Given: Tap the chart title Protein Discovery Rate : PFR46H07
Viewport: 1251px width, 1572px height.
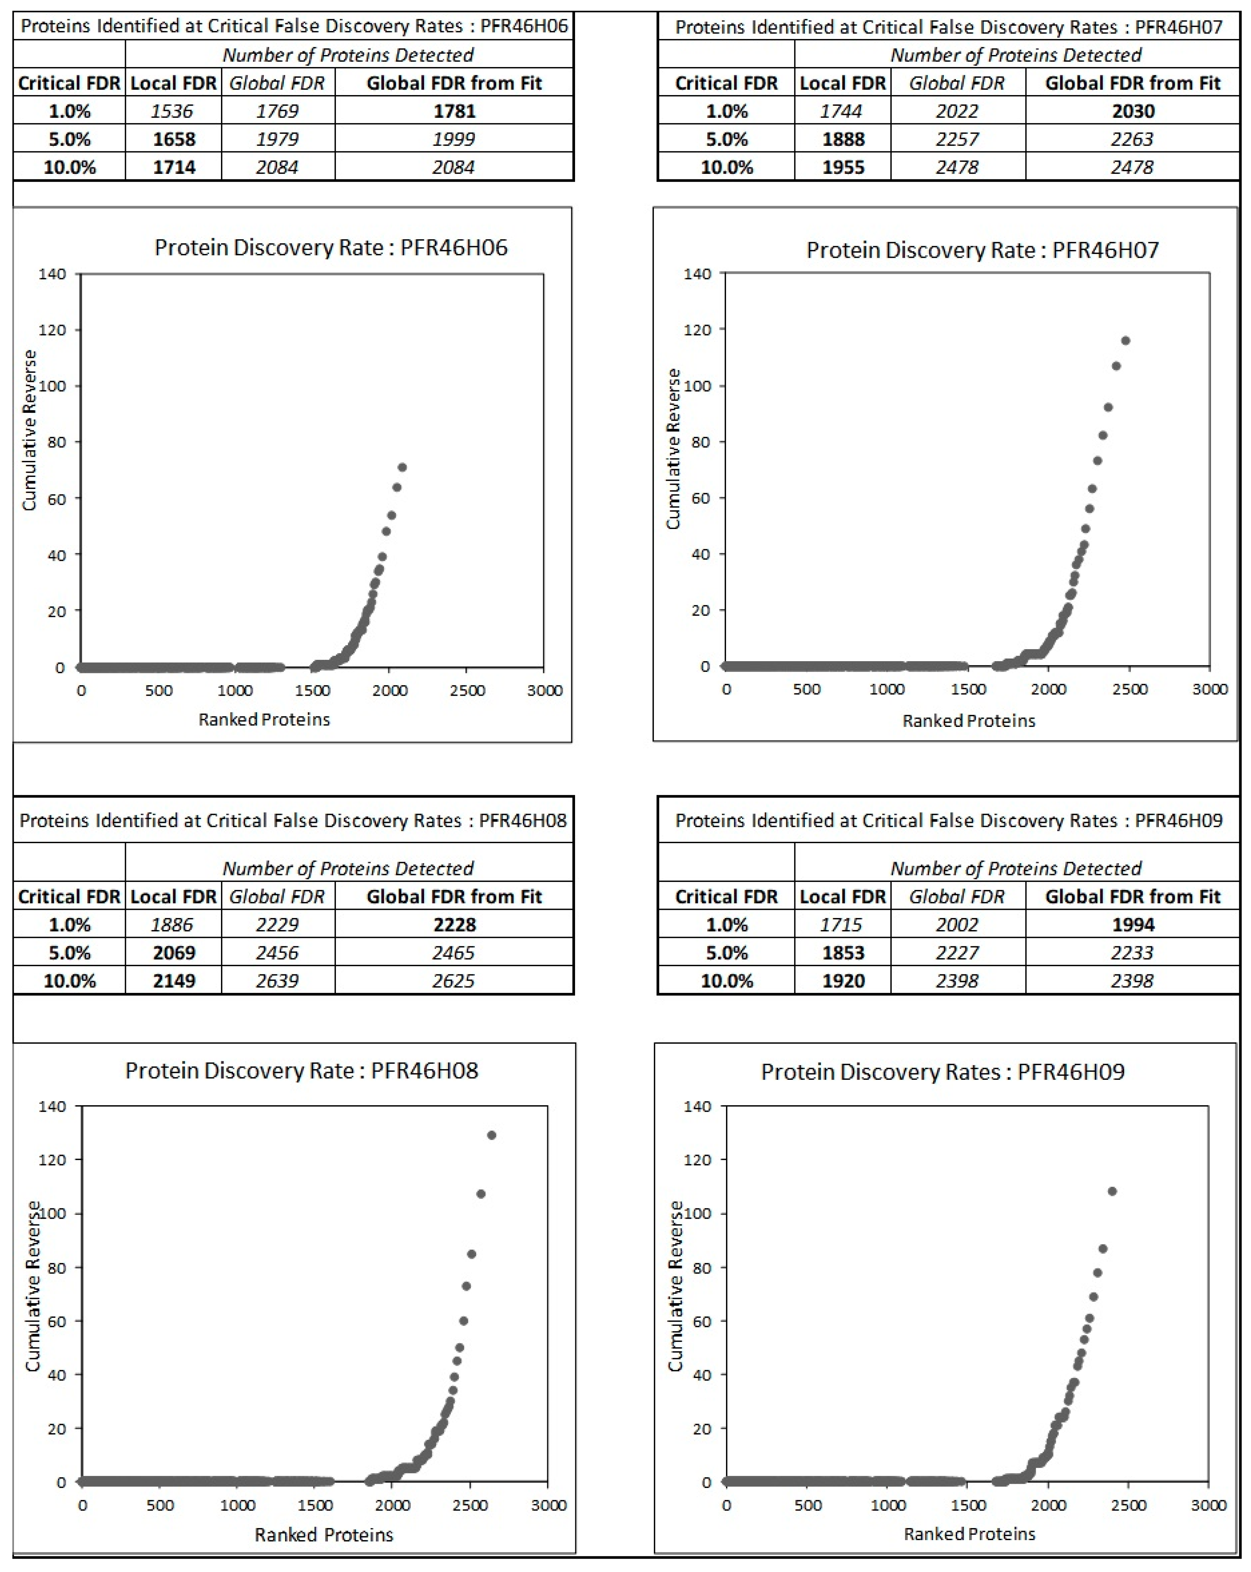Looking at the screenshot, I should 982,250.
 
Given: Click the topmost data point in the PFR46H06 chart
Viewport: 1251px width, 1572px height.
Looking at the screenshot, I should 402,467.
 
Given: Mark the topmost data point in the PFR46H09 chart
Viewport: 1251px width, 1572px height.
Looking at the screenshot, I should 1112,1191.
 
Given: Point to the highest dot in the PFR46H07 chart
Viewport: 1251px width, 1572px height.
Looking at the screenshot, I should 1126,341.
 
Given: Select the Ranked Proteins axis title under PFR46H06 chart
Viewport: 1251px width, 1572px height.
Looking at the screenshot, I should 264,720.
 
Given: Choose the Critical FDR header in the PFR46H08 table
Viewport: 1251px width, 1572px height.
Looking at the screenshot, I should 69,896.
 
